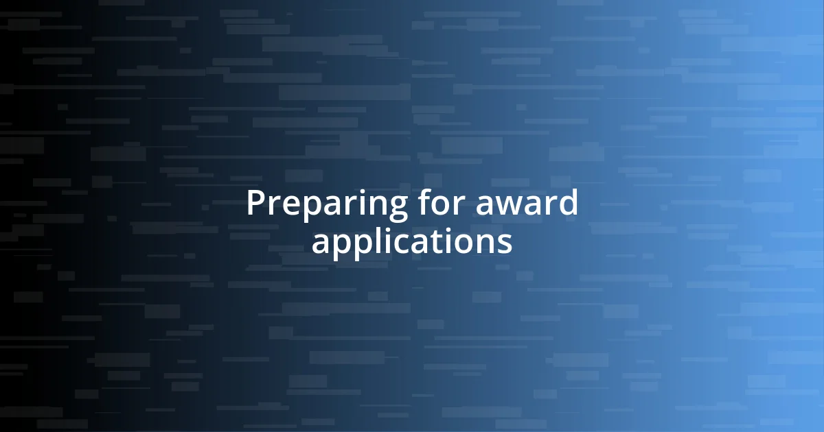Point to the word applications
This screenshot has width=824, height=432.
click(412, 242)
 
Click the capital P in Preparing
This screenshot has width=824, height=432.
click(255, 203)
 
